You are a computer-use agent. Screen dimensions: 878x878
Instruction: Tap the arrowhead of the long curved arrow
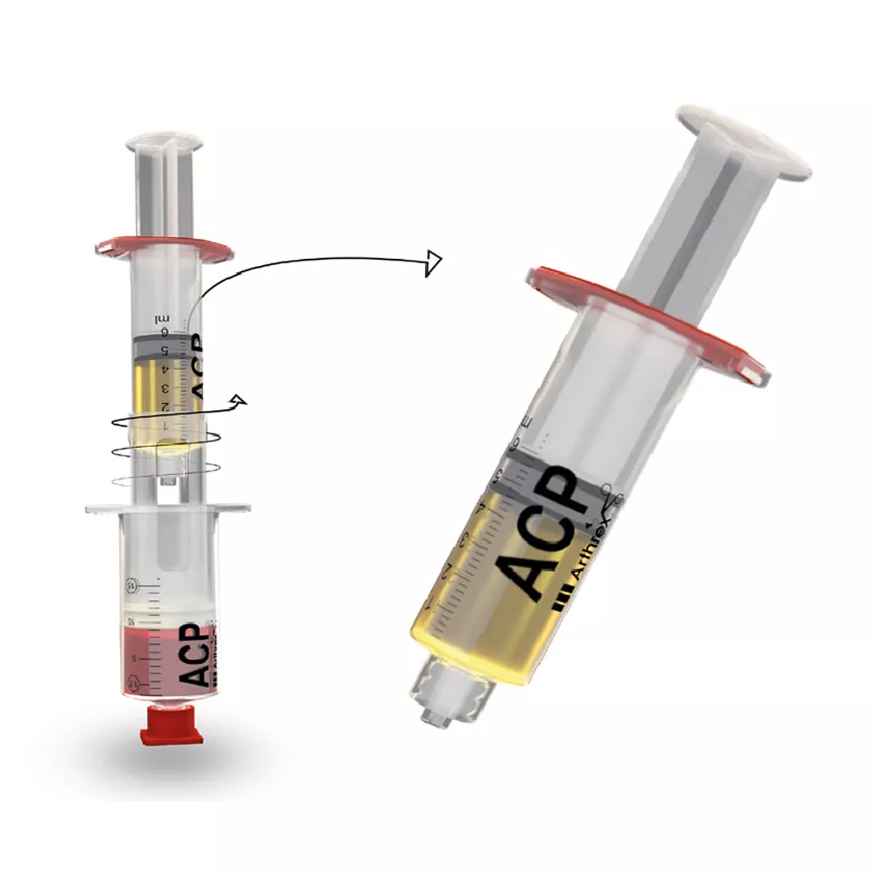click(432, 262)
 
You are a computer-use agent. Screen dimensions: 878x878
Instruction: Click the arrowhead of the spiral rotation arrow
click(237, 401)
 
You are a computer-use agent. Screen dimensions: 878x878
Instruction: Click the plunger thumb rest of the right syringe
click(743, 140)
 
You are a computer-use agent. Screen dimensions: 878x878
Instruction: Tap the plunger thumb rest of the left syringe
click(165, 140)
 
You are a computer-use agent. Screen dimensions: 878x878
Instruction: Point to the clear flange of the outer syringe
click(167, 507)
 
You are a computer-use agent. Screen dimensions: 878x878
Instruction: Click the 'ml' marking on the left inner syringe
click(162, 318)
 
